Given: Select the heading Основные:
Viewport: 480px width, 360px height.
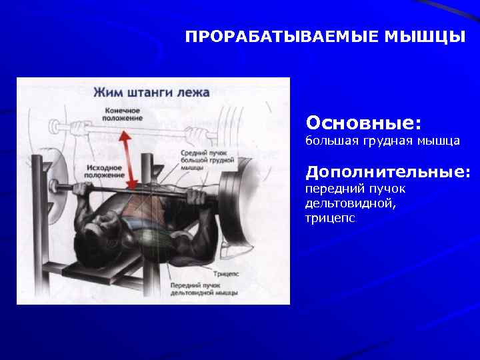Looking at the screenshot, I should click(363, 123).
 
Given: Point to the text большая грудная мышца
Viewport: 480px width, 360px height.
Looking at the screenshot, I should click(382, 141).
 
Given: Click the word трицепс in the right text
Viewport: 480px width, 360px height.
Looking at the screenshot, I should click(331, 217).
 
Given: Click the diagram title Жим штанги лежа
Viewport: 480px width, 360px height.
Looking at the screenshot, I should click(151, 92).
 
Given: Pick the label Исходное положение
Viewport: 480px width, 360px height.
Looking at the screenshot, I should click(105, 171).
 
